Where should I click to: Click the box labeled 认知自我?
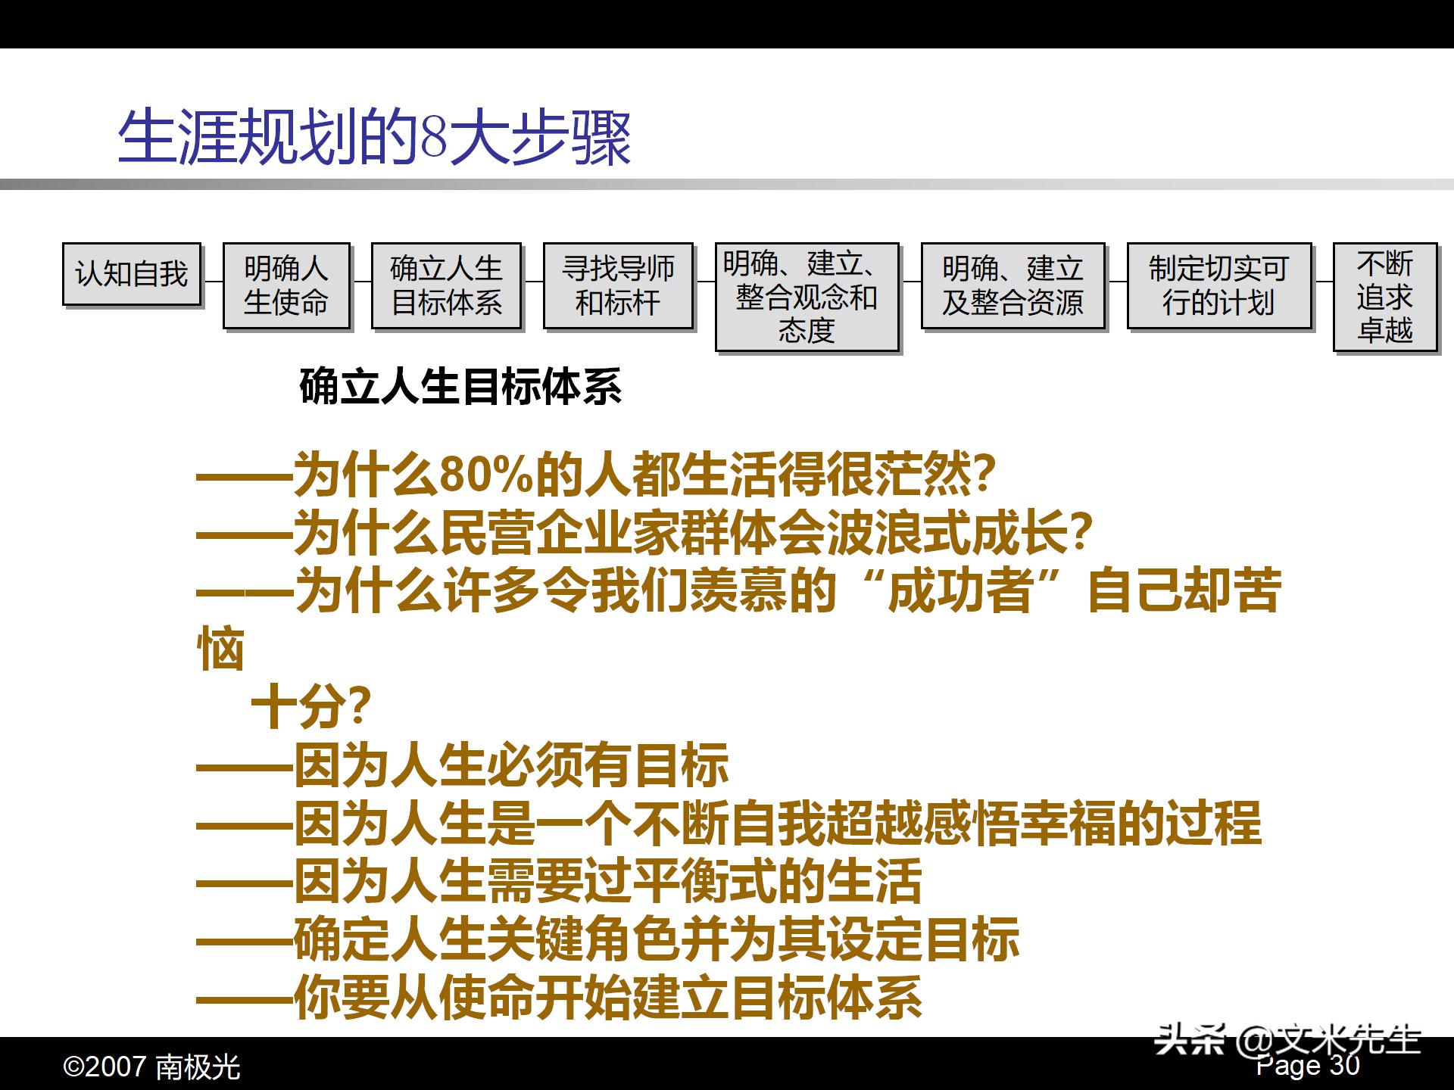coord(131,274)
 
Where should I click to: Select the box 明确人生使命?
coord(286,285)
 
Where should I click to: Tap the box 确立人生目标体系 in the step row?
coord(446,285)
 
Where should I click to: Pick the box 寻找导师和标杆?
coord(618,285)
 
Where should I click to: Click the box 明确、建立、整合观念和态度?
coord(807,297)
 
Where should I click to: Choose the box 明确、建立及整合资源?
coord(1012,285)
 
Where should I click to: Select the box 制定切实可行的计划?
coord(1218,285)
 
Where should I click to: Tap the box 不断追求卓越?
coord(1384,297)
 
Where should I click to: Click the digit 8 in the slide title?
coord(433,139)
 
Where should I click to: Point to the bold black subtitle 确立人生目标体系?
coord(460,387)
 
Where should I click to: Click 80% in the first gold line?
coord(485,475)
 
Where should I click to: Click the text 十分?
coord(310,708)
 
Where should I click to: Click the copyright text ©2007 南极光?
coord(151,1067)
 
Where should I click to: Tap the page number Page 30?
coord(1308,1066)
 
